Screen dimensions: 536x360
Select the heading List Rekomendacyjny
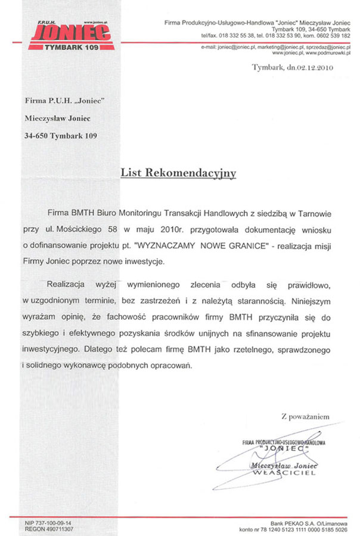[x=178, y=173]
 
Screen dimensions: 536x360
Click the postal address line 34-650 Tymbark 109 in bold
[x=61, y=136]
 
